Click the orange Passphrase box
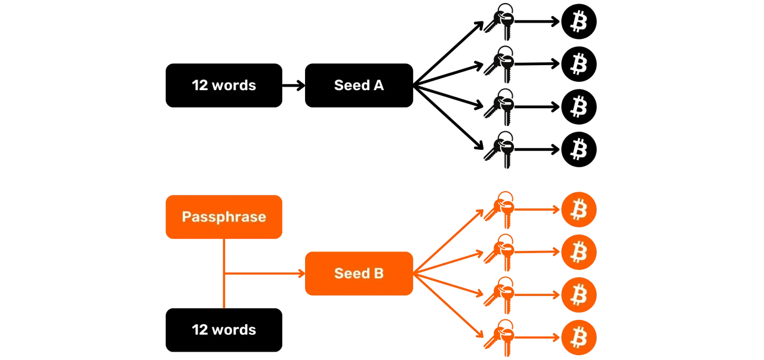coord(224,217)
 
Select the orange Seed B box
coord(359,273)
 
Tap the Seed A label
coord(359,85)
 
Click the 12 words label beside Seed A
coord(224,85)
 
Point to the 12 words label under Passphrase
coord(224,330)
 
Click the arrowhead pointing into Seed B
coord(300,273)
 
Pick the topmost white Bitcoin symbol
coord(578,22)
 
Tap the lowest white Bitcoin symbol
coord(578,149)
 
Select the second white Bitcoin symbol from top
coord(578,63)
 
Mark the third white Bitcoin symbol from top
coord(578,107)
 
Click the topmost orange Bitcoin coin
coord(579,210)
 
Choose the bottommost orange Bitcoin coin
coord(579,337)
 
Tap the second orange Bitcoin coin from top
coord(579,252)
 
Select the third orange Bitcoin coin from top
coord(579,294)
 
